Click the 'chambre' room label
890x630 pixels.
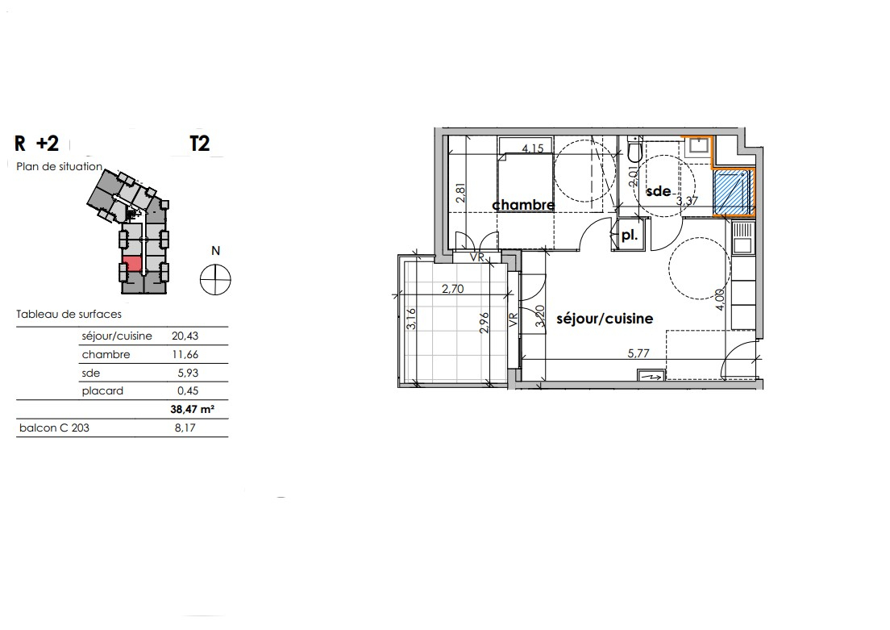[x=523, y=205]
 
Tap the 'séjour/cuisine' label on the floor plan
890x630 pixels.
[x=605, y=319]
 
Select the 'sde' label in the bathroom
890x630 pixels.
[x=659, y=191]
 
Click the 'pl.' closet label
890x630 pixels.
[x=630, y=236]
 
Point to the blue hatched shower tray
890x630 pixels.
[x=732, y=192]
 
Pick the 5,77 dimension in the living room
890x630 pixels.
[x=638, y=353]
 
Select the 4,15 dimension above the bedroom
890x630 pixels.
[x=532, y=148]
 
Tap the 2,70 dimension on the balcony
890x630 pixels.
[x=453, y=289]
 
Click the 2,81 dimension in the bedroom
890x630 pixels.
[x=460, y=193]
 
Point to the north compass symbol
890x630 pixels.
[x=216, y=279]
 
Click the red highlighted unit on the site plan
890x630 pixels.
[x=132, y=264]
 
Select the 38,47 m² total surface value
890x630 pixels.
[x=193, y=409]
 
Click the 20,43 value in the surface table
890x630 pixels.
[x=185, y=336]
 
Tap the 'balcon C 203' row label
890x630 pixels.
[x=54, y=428]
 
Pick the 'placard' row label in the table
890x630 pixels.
[x=102, y=391]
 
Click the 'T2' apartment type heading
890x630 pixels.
[x=200, y=144]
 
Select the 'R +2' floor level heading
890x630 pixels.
[x=36, y=144]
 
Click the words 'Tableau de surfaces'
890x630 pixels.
[x=69, y=314]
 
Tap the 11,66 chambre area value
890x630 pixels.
[x=185, y=354]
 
